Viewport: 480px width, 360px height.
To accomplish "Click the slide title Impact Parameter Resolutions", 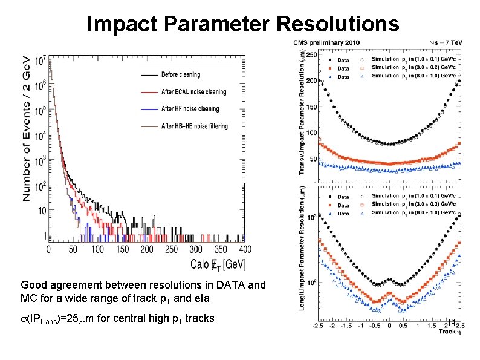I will (x=243, y=24).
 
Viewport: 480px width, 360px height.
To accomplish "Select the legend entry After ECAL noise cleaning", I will (x=193, y=92).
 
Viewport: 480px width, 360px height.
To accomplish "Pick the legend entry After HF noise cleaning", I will (x=189, y=109).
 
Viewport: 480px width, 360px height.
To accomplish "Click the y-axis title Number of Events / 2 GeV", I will (x=27, y=128).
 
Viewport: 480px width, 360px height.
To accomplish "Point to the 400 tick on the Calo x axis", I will (x=245, y=249).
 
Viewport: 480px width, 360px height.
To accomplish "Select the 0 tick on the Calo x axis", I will (x=50, y=249).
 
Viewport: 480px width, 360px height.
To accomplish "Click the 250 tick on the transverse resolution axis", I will (x=312, y=54).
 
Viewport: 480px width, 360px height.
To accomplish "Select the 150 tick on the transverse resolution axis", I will (x=312, y=106).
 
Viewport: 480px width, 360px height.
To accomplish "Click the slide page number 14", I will (x=451, y=321).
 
